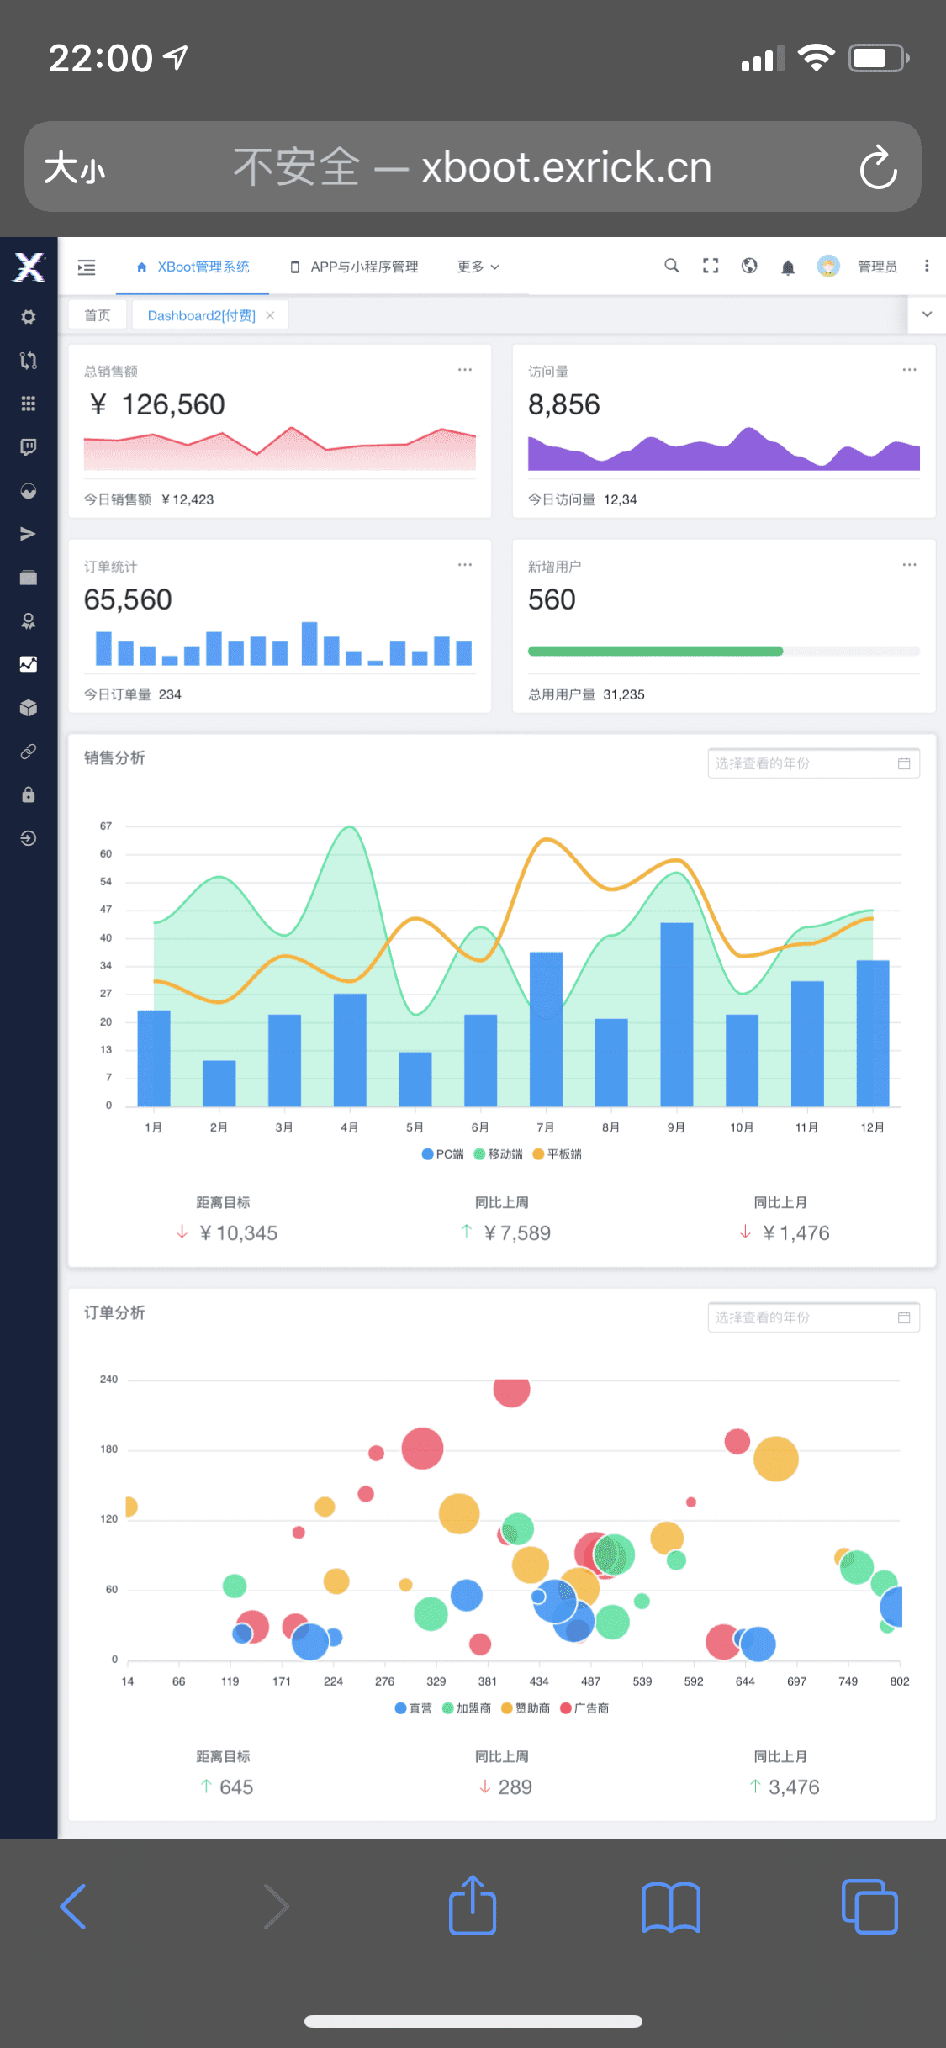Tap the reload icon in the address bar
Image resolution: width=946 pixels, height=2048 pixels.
[x=878, y=167]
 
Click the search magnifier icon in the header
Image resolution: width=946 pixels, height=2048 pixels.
[x=671, y=266]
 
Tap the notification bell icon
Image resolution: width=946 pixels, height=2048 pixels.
[x=788, y=267]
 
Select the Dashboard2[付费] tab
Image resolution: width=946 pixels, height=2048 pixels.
[x=202, y=315]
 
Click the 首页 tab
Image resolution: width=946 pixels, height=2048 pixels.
[x=98, y=315]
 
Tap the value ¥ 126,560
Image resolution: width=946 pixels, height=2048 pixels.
[x=157, y=405]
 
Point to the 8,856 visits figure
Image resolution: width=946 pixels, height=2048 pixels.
[x=564, y=405]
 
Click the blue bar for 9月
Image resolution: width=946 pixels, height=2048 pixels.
[x=676, y=1013]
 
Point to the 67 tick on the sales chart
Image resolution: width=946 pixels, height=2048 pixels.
[x=106, y=826]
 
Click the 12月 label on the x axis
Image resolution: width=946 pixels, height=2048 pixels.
[x=872, y=1127]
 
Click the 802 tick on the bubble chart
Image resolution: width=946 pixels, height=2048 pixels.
[x=899, y=1681]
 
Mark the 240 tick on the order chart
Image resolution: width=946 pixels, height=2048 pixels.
[x=109, y=1380]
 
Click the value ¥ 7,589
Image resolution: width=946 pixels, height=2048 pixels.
[x=517, y=1233]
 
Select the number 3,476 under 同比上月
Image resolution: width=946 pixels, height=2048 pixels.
[x=794, y=1787]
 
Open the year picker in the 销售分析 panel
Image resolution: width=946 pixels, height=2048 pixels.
[x=813, y=763]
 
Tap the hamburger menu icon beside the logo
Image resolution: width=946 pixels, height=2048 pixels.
[x=87, y=267]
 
